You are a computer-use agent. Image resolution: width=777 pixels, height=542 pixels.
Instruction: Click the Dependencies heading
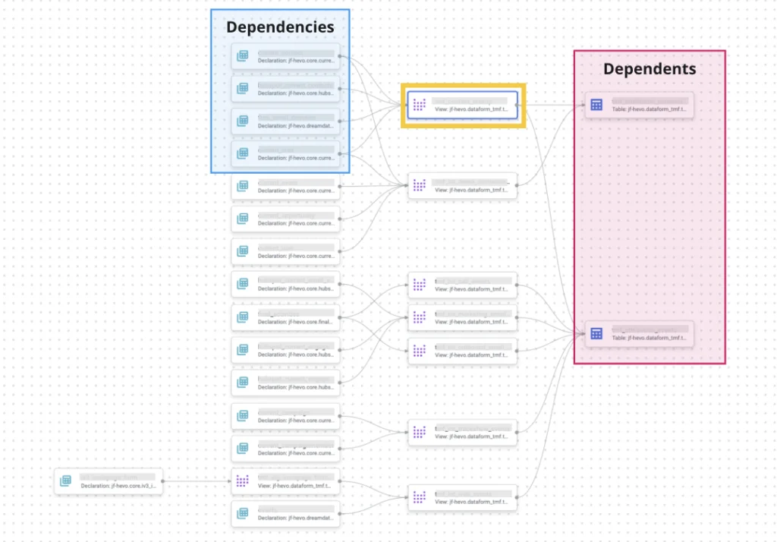[280, 27]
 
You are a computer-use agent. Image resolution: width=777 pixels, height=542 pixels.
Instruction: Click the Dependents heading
[649, 69]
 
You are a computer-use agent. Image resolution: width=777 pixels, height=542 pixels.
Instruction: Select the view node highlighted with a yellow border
[462, 105]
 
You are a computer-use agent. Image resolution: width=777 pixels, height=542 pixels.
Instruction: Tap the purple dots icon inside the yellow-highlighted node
[419, 105]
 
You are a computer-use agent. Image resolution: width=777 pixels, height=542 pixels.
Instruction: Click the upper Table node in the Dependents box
[639, 105]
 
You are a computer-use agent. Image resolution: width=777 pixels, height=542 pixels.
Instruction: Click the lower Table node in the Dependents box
[639, 333]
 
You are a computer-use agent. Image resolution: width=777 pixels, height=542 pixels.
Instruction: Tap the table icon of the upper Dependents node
[596, 105]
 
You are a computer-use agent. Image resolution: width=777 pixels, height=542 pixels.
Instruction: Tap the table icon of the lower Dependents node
[596, 333]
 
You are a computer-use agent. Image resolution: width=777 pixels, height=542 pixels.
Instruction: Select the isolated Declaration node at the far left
[109, 481]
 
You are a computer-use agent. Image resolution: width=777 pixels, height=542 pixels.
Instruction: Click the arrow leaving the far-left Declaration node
[197, 481]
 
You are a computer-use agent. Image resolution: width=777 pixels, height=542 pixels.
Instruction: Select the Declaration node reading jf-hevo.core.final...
[285, 317]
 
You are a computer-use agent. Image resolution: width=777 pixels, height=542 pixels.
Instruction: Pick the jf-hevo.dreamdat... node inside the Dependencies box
[285, 120]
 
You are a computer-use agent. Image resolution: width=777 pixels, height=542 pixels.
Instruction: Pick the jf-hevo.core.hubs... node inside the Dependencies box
[285, 87]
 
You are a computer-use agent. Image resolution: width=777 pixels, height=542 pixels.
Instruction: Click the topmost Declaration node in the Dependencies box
[285, 55]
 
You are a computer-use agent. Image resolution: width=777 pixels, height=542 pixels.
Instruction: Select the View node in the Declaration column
[285, 481]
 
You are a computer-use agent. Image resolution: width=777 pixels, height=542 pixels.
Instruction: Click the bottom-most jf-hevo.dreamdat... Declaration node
[285, 514]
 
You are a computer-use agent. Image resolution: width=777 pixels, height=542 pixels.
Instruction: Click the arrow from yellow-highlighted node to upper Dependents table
[550, 105]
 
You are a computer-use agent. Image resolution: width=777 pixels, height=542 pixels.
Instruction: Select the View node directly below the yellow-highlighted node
[462, 186]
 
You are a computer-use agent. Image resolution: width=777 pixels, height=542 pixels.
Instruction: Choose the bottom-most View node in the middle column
[462, 498]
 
